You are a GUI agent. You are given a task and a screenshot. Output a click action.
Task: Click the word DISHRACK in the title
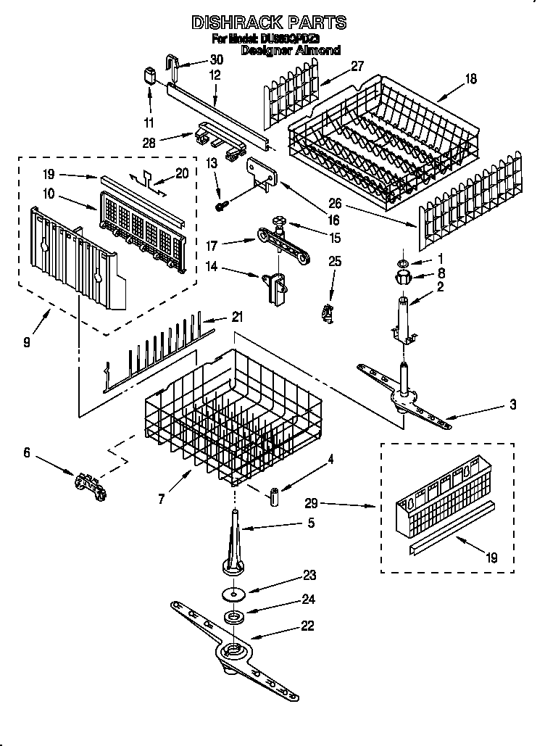click(232, 22)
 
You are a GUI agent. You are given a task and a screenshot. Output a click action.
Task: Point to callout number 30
click(216, 60)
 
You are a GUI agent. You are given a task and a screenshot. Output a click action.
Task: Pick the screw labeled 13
click(221, 207)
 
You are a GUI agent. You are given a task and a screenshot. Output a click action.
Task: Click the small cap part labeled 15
click(279, 220)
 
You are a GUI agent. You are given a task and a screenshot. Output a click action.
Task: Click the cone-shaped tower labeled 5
click(237, 551)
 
